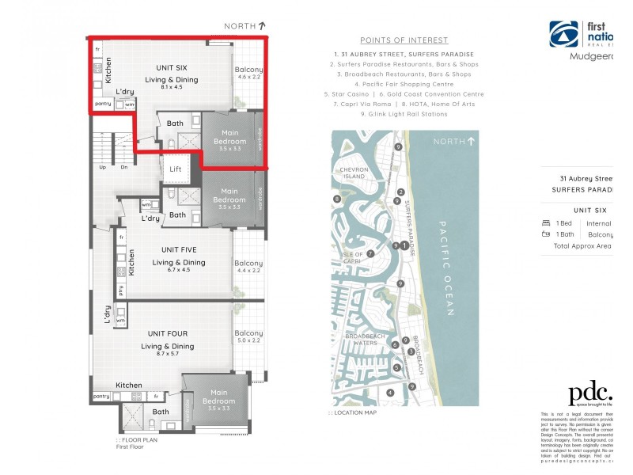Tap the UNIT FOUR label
167,333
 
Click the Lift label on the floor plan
176,169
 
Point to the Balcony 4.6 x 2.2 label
248,74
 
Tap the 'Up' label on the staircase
102,167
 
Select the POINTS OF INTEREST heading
404,40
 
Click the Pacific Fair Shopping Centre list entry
404,84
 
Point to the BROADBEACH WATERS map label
366,340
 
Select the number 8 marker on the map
337,199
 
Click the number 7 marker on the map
370,253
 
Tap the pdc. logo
590,393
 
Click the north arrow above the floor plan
262,26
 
